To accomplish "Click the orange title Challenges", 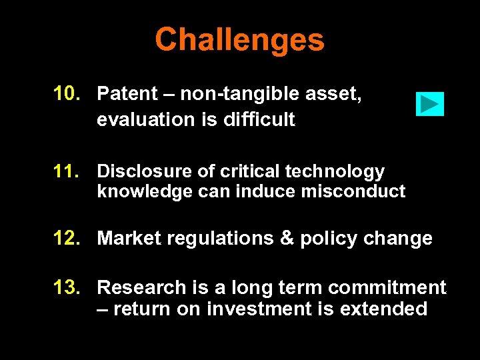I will (239, 40).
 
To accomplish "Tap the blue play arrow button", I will (429, 104).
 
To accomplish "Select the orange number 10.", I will (68, 94).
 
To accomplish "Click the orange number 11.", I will (68, 171).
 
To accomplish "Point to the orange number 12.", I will (68, 238).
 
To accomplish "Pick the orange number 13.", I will (68, 287).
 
